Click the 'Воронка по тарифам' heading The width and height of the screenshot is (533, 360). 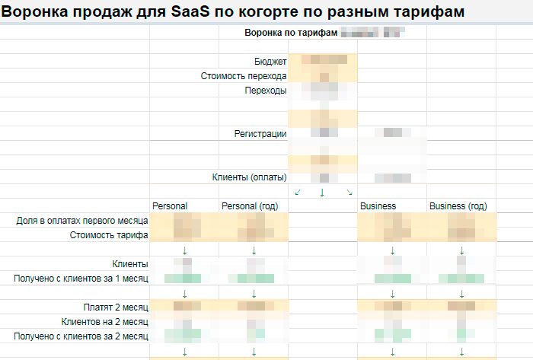point(290,33)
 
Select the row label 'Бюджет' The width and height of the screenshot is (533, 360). point(270,62)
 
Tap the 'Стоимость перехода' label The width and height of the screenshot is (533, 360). point(244,76)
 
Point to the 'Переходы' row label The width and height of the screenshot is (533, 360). point(266,91)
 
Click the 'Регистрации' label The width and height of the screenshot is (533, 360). point(260,134)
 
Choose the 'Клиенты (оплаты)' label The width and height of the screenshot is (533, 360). point(249,177)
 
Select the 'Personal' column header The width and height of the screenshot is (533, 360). point(170,206)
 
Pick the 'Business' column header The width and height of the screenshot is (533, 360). point(378,206)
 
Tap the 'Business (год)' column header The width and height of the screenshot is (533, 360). point(458,206)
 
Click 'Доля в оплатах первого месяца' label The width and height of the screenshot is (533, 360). point(82,221)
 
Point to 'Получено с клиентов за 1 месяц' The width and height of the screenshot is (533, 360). point(81,279)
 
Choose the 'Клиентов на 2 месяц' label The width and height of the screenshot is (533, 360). point(105,321)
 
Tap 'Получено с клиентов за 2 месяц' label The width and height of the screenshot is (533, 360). point(81,336)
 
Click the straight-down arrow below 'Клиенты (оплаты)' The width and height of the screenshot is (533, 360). point(322,193)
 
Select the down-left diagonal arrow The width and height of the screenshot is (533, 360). point(298,192)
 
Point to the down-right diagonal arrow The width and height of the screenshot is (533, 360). point(349,192)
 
